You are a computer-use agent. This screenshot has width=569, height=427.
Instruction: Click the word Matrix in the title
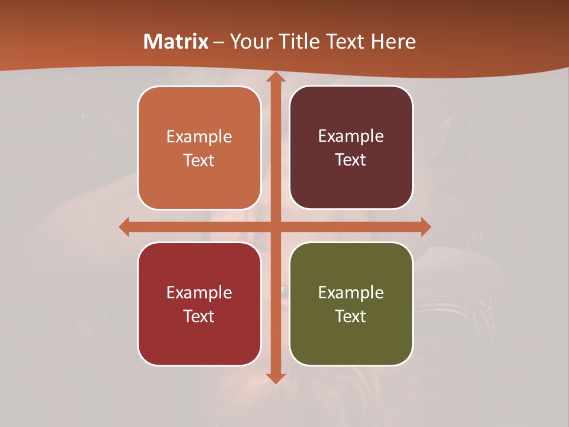pos(176,42)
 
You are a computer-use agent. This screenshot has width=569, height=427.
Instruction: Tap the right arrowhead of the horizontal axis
pos(425,227)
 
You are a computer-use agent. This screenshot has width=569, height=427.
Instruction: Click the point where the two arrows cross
pos(275,227)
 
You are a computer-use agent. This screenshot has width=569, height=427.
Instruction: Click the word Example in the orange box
pos(199,137)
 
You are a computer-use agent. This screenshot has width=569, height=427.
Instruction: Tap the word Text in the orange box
pos(199,161)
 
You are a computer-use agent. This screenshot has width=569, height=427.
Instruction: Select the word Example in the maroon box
pos(351,136)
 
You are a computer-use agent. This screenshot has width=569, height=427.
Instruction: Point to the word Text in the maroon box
pos(351,160)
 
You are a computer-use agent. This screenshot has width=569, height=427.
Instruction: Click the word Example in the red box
pos(199,293)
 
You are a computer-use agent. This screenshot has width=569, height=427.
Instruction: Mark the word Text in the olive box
pos(351,317)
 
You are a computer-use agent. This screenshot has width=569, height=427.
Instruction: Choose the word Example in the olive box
pos(351,293)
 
